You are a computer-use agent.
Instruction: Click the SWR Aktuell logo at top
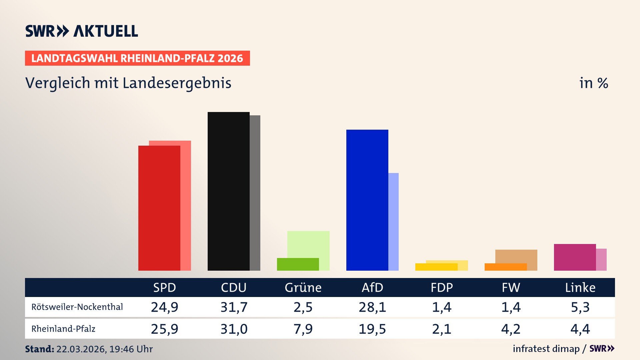click(x=82, y=31)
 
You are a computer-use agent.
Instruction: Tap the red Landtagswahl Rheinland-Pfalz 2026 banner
click(x=137, y=58)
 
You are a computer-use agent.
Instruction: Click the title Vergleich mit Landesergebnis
click(x=128, y=83)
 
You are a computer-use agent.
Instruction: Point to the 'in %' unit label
click(x=593, y=83)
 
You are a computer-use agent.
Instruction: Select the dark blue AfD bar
click(x=367, y=200)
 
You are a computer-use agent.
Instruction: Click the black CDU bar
click(x=228, y=192)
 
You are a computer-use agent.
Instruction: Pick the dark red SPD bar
click(x=159, y=208)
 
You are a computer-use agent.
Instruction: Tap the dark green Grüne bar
click(x=298, y=264)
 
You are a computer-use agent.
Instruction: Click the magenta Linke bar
click(x=575, y=257)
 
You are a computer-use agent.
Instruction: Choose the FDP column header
click(x=442, y=288)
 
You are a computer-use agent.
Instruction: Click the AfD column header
click(x=372, y=288)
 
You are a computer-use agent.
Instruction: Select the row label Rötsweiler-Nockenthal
click(x=77, y=307)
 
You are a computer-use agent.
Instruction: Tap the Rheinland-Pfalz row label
click(x=63, y=329)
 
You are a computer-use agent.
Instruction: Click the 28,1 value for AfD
click(x=372, y=307)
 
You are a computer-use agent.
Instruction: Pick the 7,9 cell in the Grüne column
click(x=303, y=329)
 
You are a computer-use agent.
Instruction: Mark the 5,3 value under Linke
click(x=580, y=307)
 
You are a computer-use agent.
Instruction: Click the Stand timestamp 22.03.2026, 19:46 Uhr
click(x=104, y=349)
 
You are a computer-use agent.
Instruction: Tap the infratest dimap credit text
click(x=546, y=349)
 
